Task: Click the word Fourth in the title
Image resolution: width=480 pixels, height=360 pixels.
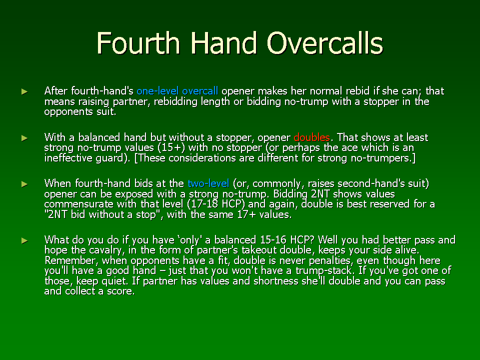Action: [x=138, y=43]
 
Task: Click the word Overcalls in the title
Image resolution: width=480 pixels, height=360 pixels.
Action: [x=325, y=43]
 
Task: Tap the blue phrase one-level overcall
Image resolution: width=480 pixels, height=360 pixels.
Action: [x=177, y=91]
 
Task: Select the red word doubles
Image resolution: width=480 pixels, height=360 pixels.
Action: [x=311, y=137]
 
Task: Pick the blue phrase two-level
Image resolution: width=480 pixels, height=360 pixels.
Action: [x=208, y=183]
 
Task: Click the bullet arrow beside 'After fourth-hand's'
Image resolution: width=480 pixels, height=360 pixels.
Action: [x=24, y=91]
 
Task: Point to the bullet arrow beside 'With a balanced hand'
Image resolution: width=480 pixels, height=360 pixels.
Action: [x=24, y=138]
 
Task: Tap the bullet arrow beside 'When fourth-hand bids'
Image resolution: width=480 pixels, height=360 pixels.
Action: [x=24, y=184]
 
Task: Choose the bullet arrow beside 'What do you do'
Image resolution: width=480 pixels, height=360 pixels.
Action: [x=24, y=240]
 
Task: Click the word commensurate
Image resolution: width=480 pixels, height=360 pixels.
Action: [x=78, y=204]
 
